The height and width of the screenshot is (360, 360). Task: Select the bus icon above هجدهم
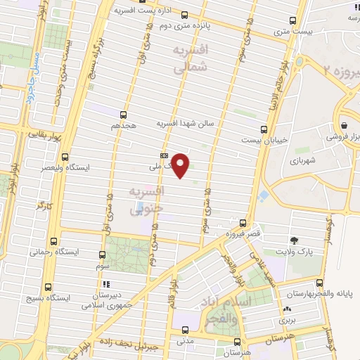click(124, 114)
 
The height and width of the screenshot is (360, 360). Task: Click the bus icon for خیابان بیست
click(264, 129)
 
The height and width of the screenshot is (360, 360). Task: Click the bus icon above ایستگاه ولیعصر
click(65, 157)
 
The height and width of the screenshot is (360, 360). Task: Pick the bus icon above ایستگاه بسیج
click(48, 286)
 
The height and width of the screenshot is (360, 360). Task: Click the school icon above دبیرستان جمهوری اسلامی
click(103, 283)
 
